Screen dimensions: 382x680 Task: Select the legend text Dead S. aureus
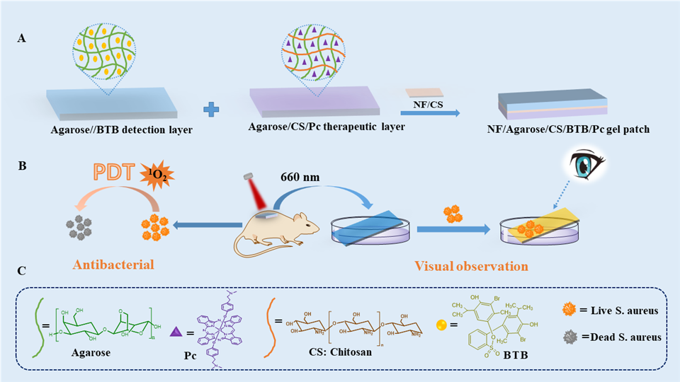click(623, 337)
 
